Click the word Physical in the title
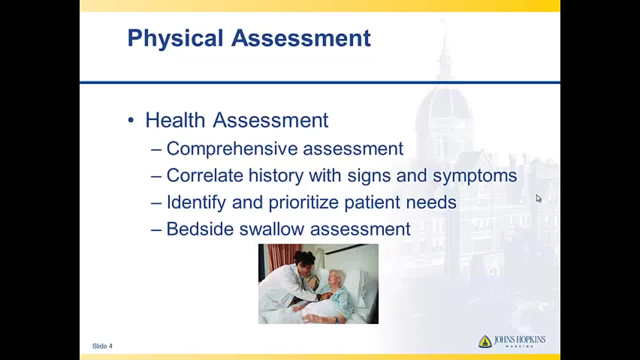pyautogui.click(x=175, y=38)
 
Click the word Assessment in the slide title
pyautogui.click(x=301, y=37)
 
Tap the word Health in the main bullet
pyautogui.click(x=175, y=120)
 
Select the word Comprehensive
pyautogui.click(x=232, y=148)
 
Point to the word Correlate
pyautogui.click(x=205, y=175)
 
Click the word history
pyautogui.click(x=276, y=175)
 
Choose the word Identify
pyautogui.click(x=196, y=202)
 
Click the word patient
pyautogui.click(x=372, y=202)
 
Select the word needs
pyautogui.click(x=431, y=202)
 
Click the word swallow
pyautogui.click(x=271, y=229)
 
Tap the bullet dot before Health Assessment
pyautogui.click(x=131, y=120)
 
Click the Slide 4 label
pyautogui.click(x=102, y=346)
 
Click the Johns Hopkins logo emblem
pyautogui.click(x=485, y=341)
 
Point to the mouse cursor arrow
pyautogui.click(x=538, y=198)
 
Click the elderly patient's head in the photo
pyautogui.click(x=336, y=278)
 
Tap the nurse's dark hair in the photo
pyautogui.click(x=304, y=257)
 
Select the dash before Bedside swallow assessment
pyautogui.click(x=156, y=230)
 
